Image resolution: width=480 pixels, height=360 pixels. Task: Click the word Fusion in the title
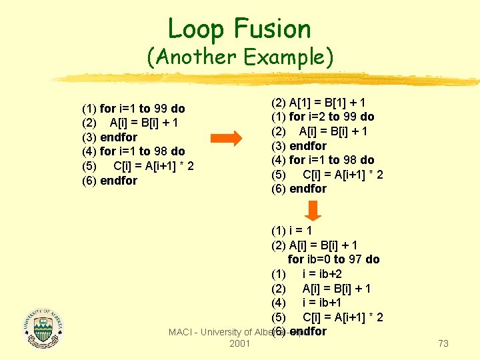272,29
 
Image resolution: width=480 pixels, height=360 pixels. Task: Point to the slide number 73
443,343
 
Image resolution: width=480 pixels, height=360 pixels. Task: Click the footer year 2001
239,343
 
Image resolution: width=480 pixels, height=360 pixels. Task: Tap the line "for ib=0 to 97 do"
333,259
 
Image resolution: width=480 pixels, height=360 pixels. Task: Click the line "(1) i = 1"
291,231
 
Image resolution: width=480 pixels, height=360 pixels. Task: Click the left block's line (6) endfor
109,181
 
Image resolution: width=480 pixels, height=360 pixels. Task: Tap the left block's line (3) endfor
109,137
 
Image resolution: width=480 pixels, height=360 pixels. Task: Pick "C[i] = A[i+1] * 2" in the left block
153,166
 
